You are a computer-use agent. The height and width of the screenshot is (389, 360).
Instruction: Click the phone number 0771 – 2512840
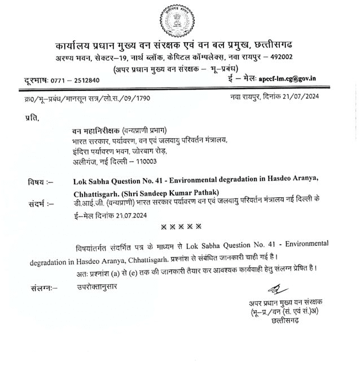point(75,80)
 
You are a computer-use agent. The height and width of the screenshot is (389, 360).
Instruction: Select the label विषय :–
point(40,182)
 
